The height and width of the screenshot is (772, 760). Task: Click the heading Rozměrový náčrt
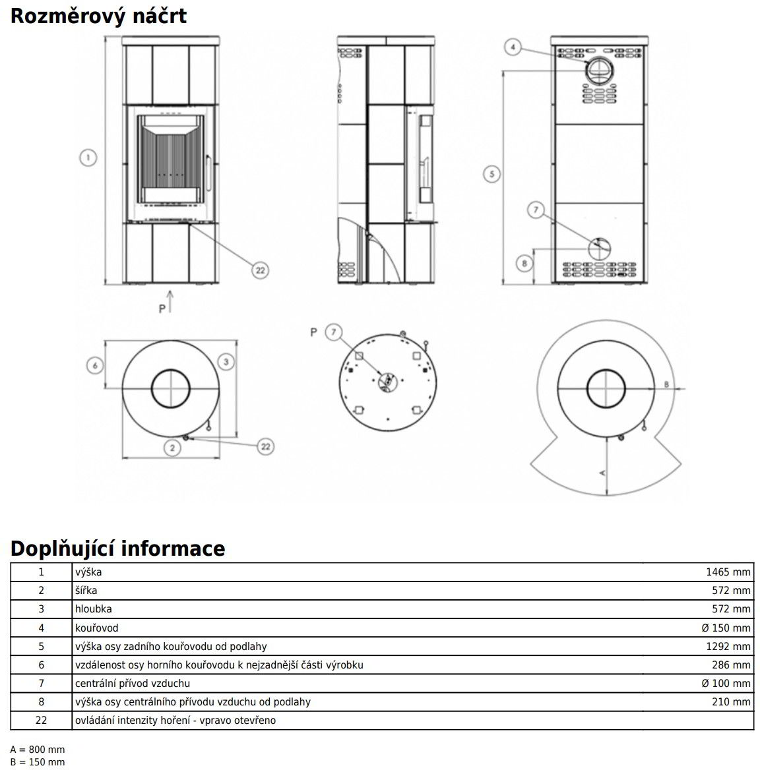coord(98,15)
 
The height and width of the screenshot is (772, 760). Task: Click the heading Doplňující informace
coord(117,548)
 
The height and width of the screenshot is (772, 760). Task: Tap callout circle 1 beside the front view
coord(88,158)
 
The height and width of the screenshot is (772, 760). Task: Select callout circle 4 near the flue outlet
coord(515,47)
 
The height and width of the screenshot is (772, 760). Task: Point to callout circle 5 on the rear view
coord(491,174)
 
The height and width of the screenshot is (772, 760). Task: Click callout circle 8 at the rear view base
coord(524,264)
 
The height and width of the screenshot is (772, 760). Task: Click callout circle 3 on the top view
coord(226,361)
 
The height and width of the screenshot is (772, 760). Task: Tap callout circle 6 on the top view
coord(96,365)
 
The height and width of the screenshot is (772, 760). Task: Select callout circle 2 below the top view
coord(172,448)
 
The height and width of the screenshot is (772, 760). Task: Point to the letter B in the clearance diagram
coord(666,383)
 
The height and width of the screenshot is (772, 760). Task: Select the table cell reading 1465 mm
coord(728,572)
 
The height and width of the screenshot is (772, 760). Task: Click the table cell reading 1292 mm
coord(728,646)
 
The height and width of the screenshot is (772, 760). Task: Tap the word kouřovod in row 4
coord(96,628)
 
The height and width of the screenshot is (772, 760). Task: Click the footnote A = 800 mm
coord(38,750)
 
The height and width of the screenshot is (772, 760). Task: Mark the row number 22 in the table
coord(41,720)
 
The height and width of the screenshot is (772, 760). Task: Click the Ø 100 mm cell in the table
coord(726,683)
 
